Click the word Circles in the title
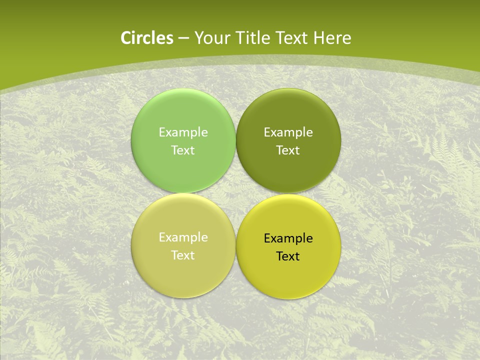tap(147, 38)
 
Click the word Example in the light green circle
tap(183, 132)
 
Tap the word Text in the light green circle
tap(183, 150)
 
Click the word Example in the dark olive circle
tap(288, 132)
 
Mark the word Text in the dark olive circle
tap(288, 150)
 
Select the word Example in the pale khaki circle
tap(183, 237)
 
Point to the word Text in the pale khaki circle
tap(183, 255)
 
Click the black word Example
tap(288, 238)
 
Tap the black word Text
tap(288, 256)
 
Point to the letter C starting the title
tap(126, 38)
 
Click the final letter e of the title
tap(347, 39)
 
